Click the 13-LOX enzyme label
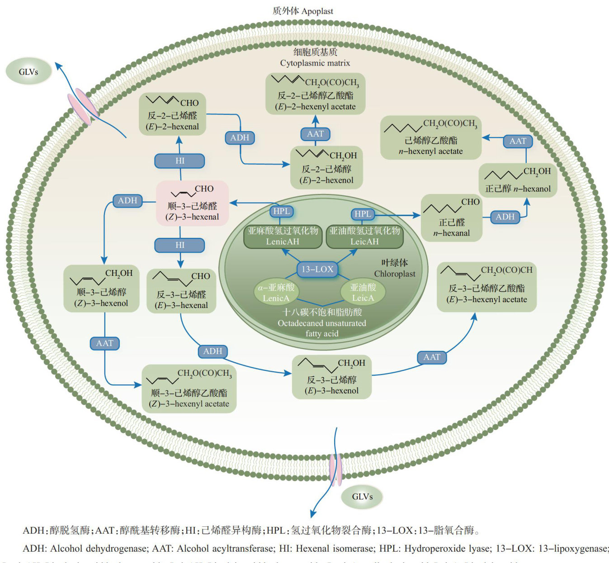coord(317,270)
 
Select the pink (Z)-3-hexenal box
coord(193,203)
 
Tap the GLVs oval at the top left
coord(28,71)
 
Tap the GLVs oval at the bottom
coord(362,497)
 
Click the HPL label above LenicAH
coord(281,211)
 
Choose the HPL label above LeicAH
coord(363,214)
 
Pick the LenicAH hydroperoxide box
coord(283,236)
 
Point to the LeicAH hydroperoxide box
coord(364,236)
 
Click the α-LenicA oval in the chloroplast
coord(276,293)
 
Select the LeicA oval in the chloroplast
coord(363,293)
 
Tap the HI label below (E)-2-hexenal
coord(180,161)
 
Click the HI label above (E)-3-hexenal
coord(180,245)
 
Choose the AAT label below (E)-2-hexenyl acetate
coord(315,134)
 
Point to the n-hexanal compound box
coord(452,218)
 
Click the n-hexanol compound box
coord(518,180)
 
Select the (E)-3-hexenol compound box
coord(332,377)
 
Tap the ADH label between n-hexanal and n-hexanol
coord(505,217)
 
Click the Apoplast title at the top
coord(303,11)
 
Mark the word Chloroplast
coord(394,274)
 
